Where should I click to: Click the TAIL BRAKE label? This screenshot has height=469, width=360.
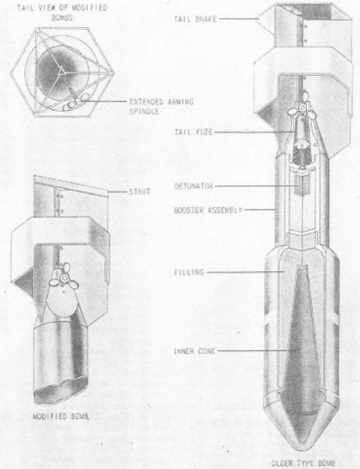[x=195, y=19]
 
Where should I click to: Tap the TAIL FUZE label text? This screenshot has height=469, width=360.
[x=193, y=132]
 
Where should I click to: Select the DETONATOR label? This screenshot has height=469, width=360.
[x=193, y=186]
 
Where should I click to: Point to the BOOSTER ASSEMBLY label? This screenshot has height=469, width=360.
[x=208, y=210]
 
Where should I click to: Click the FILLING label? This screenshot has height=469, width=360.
[x=189, y=272]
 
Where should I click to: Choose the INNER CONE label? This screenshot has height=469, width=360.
[x=194, y=351]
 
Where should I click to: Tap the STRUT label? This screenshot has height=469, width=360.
[x=140, y=192]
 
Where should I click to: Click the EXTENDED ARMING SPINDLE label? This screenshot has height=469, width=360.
[x=161, y=107]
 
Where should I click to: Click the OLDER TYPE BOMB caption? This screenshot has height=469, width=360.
[x=303, y=464]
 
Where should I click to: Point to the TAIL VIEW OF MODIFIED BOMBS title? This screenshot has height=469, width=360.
[x=62, y=12]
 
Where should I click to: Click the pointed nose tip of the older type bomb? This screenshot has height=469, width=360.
[x=302, y=450]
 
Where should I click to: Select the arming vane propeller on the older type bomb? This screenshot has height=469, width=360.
[x=302, y=107]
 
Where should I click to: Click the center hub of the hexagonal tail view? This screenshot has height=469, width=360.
[x=62, y=71]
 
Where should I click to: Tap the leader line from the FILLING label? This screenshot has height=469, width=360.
[x=245, y=272]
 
